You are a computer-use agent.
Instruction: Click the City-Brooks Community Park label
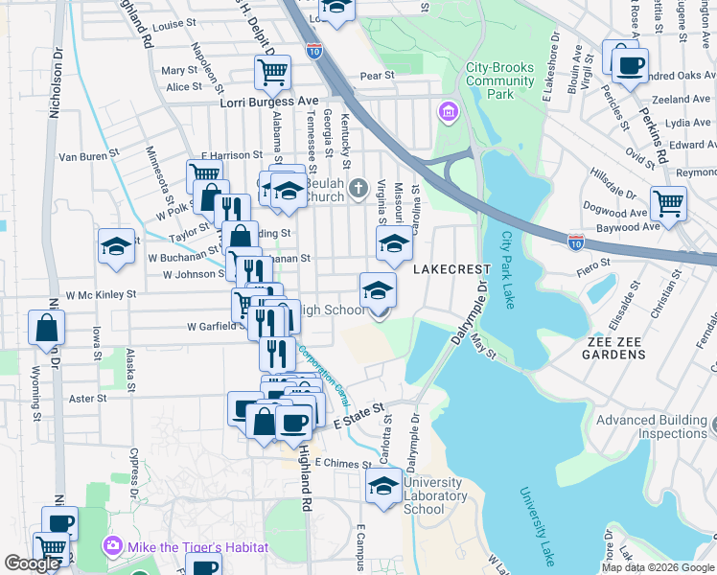click(x=500, y=81)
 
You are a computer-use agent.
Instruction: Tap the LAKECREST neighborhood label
click(x=451, y=270)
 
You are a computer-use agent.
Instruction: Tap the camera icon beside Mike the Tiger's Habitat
click(x=113, y=546)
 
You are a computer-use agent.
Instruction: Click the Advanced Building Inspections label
click(x=652, y=426)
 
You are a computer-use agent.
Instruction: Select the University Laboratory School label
click(x=436, y=496)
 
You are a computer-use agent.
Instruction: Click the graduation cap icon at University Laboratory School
click(x=384, y=485)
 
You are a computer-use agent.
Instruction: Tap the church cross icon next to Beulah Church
click(x=358, y=187)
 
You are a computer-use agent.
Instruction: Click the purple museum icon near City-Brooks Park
click(x=447, y=115)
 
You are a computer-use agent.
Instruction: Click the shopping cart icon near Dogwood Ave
click(x=668, y=202)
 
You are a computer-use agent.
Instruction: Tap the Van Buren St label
click(x=88, y=155)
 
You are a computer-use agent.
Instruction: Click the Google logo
click(x=32, y=563)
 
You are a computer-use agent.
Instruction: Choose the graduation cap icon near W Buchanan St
click(x=116, y=245)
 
